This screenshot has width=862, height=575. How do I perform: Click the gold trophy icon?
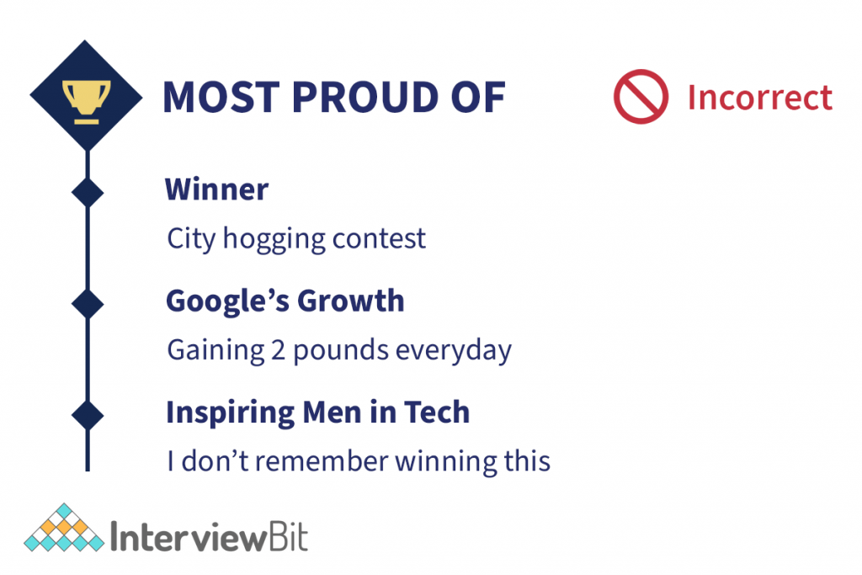pyautogui.click(x=87, y=102)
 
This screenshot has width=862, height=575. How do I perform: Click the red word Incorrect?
pyautogui.click(x=760, y=98)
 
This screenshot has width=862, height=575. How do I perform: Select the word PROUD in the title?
pyautogui.click(x=364, y=98)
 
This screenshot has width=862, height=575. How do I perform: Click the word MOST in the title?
pyautogui.click(x=221, y=98)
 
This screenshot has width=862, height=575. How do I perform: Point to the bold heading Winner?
pyautogui.click(x=216, y=189)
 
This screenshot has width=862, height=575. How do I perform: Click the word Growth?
pyautogui.click(x=351, y=301)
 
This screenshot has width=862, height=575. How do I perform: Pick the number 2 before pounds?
pyautogui.click(x=278, y=350)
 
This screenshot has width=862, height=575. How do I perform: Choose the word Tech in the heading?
pyautogui.click(x=437, y=412)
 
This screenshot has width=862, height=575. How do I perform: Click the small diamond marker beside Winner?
pyautogui.click(x=88, y=193)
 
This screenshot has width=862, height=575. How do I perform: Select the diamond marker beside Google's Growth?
pyautogui.click(x=88, y=303)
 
